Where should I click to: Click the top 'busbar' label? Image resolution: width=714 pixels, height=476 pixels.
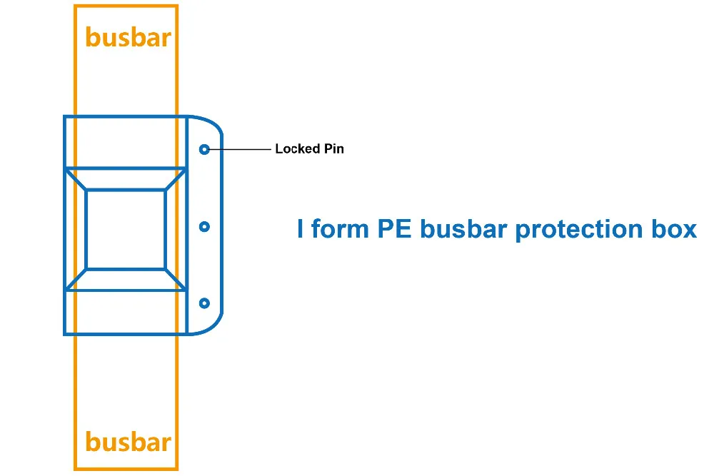pos(128,37)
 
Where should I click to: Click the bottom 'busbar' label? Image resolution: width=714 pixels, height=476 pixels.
pos(128,442)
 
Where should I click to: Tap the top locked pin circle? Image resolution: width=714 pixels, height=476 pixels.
pos(204,149)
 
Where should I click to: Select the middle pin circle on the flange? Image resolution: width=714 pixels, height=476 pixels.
pos(204,226)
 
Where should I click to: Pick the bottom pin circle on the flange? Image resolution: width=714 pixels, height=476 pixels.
pos(204,303)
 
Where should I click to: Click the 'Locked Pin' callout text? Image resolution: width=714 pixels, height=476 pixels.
pos(309,149)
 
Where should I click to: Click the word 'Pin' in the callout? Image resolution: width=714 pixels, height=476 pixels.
pos(333,149)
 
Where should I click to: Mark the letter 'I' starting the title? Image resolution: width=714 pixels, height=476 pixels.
pos(301,230)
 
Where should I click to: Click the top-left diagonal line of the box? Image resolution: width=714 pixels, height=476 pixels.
pos(76,179)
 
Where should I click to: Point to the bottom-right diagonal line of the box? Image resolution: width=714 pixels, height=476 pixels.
pos(176,280)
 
